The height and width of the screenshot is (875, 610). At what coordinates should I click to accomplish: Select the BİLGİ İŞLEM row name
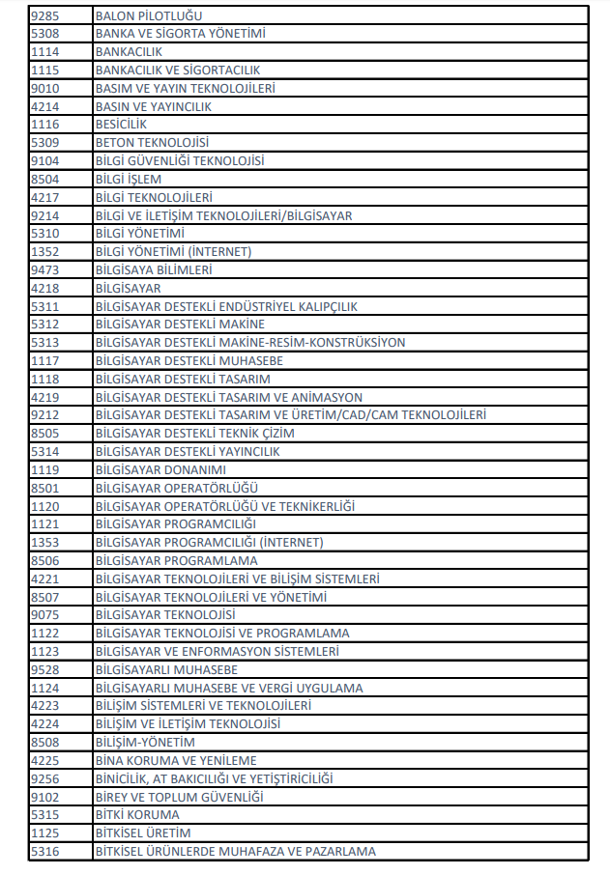pyautogui.click(x=129, y=180)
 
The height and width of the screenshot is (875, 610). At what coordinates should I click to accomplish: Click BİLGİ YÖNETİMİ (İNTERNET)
pyautogui.click(x=173, y=252)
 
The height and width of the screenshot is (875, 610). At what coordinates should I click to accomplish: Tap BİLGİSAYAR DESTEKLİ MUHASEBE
pyautogui.click(x=189, y=361)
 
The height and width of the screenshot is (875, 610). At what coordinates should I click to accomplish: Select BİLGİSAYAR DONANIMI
pyautogui.click(x=160, y=470)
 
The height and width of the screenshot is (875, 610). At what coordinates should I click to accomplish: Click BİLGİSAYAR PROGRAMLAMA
pyautogui.click(x=176, y=561)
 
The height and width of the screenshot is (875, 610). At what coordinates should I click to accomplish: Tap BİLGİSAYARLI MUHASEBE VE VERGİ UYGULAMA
pyautogui.click(x=229, y=689)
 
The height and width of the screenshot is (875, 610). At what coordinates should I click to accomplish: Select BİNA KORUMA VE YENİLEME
pyautogui.click(x=175, y=761)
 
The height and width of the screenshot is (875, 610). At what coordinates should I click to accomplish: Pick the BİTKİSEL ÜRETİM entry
pyautogui.click(x=143, y=833)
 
